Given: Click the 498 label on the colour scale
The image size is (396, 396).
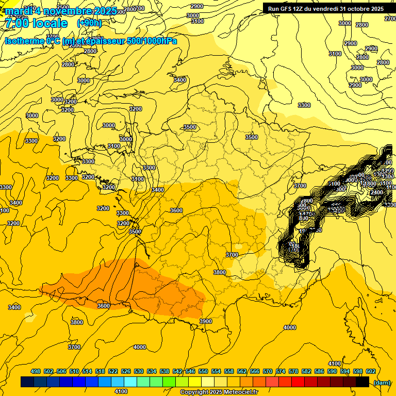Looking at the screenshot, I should coord(36,371).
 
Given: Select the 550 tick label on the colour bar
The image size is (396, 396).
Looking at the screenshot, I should coord(203,371).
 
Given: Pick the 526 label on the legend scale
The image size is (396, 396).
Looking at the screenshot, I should coord(126,371).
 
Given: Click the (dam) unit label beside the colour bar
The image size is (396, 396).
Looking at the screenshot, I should coord(381,382).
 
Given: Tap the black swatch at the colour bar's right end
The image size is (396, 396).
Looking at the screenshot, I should coord(362,382).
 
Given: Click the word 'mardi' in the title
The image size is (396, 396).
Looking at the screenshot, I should coord(16,11).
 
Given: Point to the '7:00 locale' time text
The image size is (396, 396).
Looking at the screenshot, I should coord(36,24).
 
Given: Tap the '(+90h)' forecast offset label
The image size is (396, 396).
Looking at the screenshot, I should coord(89,24).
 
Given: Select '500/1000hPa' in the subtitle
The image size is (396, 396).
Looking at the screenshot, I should coord(152,41).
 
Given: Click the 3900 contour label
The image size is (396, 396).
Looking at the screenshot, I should coord(205,321).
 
